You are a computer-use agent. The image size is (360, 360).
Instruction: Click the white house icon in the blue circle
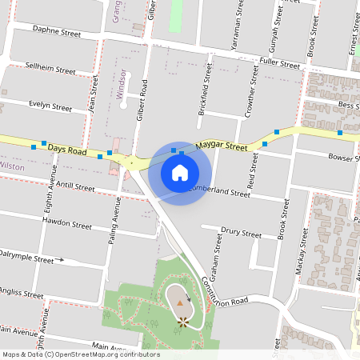180,172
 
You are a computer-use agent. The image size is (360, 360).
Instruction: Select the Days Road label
66,150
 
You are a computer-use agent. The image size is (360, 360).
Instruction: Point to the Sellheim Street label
50,67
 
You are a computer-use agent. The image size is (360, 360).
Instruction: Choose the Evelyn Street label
50,105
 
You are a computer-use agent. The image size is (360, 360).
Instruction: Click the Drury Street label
241,234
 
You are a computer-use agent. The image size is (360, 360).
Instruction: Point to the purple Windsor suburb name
122,88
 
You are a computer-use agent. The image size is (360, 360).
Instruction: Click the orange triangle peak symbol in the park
180,303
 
